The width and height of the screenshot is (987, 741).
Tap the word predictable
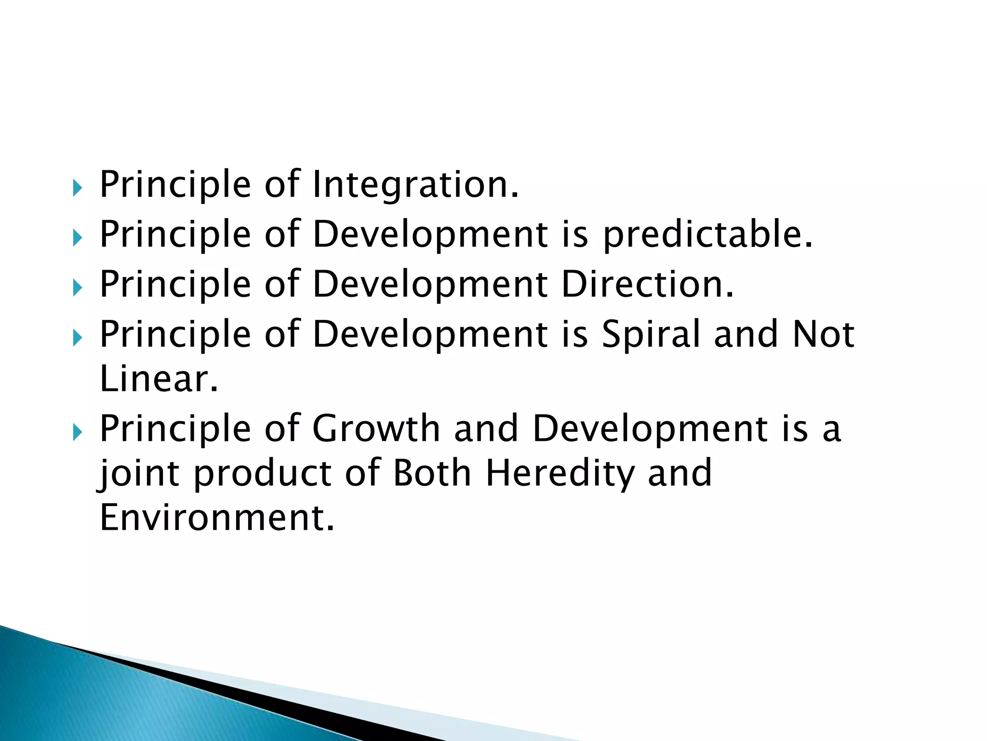coord(707,234)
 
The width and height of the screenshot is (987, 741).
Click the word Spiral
coord(651,334)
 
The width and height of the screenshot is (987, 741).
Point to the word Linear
coord(159,379)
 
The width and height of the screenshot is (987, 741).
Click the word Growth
coord(376,428)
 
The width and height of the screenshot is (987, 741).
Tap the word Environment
coord(216,518)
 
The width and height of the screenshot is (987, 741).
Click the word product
coord(263,474)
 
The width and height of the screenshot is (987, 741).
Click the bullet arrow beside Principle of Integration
coord(77,188)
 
